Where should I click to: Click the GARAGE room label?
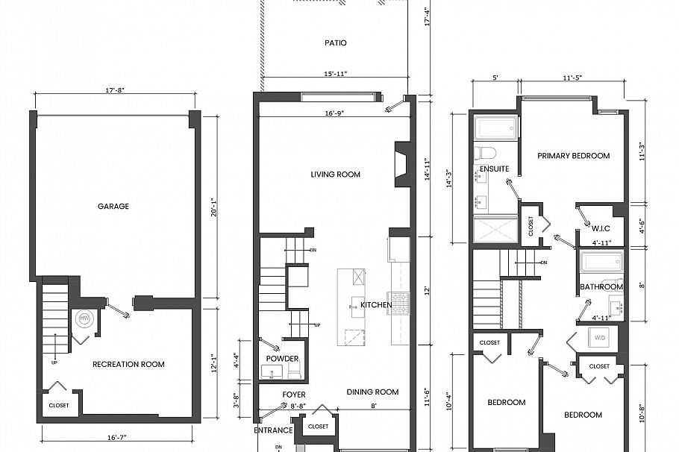point(113,207)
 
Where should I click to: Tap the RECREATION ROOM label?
point(128,365)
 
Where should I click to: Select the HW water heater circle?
point(84,318)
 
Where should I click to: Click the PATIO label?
point(335,43)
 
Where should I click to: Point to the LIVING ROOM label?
point(335,175)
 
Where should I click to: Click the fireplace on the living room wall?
point(401,165)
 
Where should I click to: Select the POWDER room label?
point(282,359)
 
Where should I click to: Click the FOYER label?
point(293,395)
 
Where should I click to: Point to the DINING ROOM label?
point(372,392)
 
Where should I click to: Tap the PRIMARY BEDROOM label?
point(573,156)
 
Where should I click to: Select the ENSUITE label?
point(494,169)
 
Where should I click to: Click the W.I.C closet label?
point(601,228)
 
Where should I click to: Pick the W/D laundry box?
point(600,337)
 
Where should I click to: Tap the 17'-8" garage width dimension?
point(114,90)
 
